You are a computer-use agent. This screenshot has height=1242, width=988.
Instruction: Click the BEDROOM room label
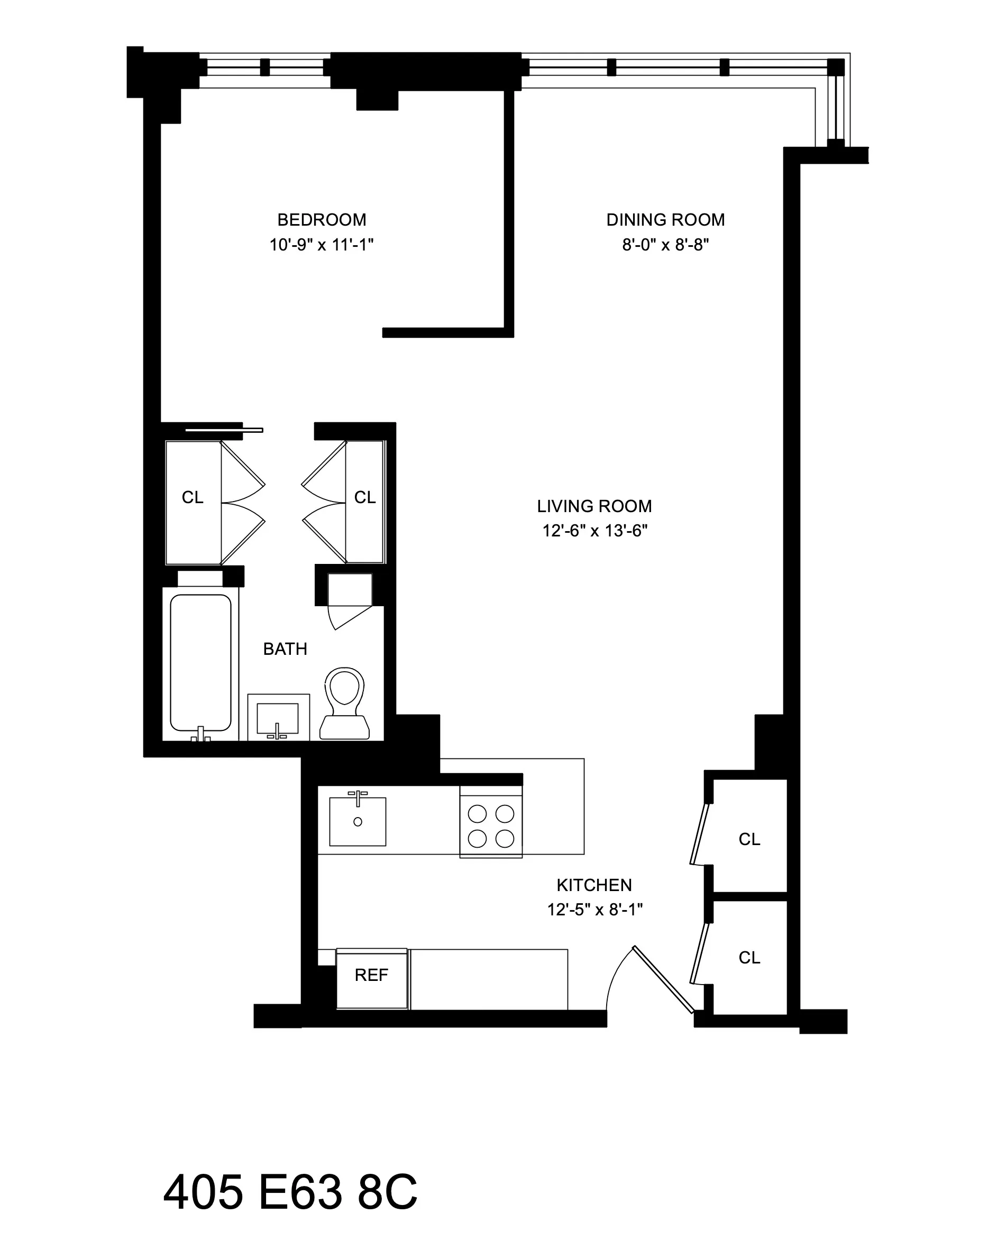(x=321, y=219)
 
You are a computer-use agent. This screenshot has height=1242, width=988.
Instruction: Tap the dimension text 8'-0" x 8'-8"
(x=665, y=245)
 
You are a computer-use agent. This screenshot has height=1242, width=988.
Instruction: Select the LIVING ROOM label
(x=594, y=506)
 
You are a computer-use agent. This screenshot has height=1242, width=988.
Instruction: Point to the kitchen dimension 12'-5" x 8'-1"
(x=594, y=909)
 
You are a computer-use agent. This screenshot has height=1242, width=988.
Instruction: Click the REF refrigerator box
(x=371, y=975)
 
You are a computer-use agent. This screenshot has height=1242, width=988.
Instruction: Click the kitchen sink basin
(x=358, y=821)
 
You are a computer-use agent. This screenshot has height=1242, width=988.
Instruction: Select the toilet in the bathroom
(x=345, y=703)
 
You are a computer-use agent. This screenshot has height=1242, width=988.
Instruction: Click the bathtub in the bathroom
(x=200, y=662)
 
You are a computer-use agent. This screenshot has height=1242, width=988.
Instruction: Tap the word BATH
(x=285, y=648)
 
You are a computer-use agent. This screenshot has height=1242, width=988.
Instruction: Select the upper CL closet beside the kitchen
(x=749, y=839)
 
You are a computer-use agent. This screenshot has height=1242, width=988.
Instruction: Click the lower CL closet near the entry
(x=749, y=957)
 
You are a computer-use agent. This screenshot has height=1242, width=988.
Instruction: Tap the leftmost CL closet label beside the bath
(x=192, y=497)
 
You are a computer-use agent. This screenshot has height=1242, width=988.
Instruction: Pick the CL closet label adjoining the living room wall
(x=364, y=497)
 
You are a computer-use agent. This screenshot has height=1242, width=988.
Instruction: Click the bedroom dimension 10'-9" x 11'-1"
(x=321, y=245)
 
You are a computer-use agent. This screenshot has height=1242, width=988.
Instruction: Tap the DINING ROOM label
(x=665, y=219)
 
